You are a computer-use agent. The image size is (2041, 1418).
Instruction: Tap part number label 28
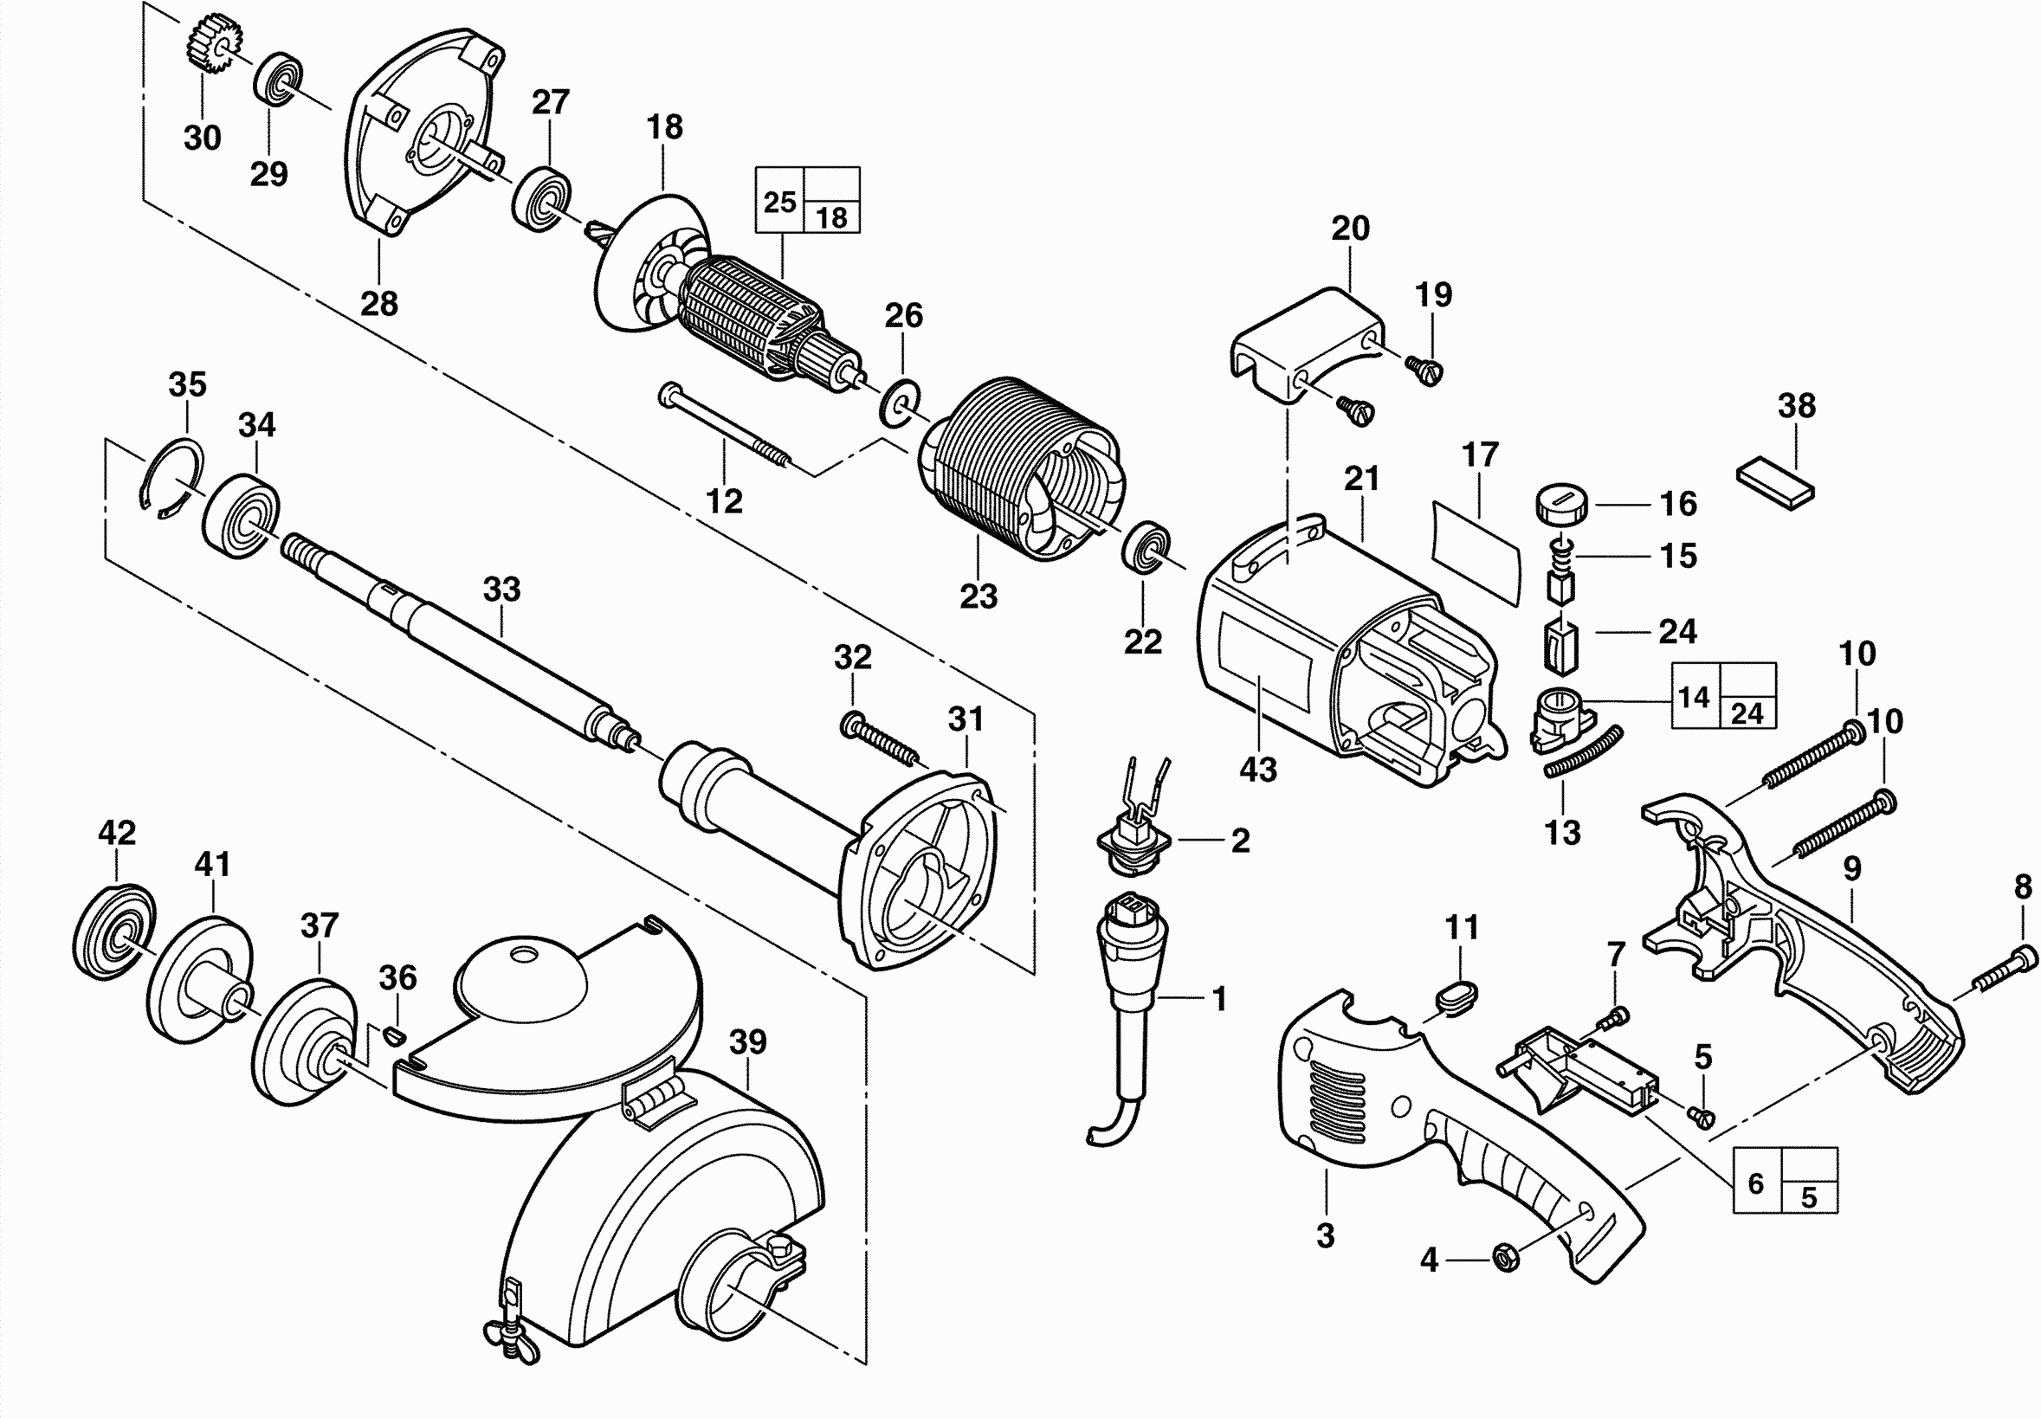coord(378,304)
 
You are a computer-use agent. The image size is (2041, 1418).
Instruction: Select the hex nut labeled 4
coord(1507,1258)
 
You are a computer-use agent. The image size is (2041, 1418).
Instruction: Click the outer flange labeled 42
coord(113,932)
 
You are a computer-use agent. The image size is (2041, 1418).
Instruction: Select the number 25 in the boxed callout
coord(779,202)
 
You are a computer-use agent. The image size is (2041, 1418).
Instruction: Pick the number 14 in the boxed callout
coord(1695,698)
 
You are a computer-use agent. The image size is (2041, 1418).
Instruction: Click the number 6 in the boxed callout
coord(1756,1183)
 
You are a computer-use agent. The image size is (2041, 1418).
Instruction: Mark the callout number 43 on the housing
coord(1258,769)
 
